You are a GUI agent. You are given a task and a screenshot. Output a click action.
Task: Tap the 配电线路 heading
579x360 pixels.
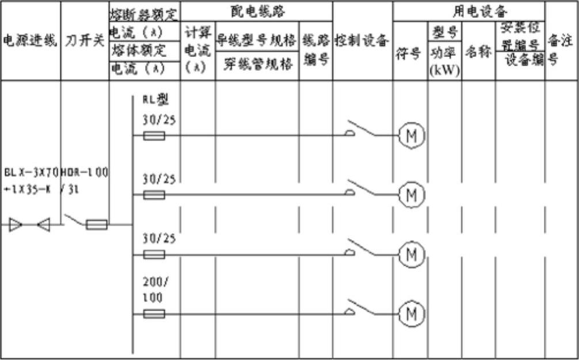click(x=256, y=10)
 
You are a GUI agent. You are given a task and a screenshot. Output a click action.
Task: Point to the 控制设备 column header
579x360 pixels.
click(x=363, y=41)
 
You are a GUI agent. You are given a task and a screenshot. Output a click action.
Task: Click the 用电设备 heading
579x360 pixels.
click(x=469, y=10)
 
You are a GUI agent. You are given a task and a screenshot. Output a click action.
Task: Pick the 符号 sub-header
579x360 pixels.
click(x=410, y=55)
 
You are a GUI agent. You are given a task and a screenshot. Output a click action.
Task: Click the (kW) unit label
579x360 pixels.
click(x=444, y=71)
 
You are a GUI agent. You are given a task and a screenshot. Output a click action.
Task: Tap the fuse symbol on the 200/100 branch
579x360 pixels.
click(x=154, y=314)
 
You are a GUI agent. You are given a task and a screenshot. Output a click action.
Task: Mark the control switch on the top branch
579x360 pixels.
click(x=362, y=130)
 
